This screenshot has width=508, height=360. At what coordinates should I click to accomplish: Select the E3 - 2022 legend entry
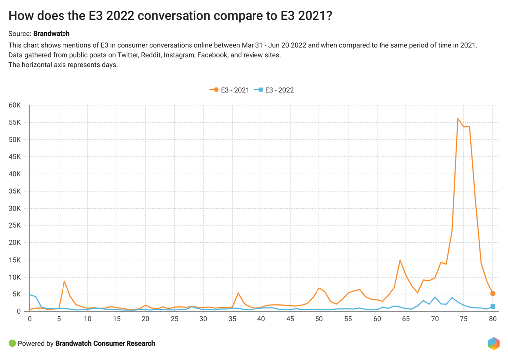[274, 90]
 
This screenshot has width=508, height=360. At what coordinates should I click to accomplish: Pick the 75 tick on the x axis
[464, 319]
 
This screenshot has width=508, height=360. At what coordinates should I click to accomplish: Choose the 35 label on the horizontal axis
[232, 319]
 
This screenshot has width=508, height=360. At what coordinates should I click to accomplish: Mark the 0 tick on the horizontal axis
[30, 319]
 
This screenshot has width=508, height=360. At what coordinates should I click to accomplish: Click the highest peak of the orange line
[458, 118]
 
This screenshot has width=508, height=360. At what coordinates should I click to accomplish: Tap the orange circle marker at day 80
[493, 293]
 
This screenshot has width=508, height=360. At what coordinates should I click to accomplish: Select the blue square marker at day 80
[493, 306]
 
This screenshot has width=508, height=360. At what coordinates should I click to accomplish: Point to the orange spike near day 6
[64, 281]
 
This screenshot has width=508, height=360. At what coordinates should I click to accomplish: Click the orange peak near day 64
[400, 260]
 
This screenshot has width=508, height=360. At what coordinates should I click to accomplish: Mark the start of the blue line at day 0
[30, 295]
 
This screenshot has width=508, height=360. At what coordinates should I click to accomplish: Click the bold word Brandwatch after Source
[51, 34]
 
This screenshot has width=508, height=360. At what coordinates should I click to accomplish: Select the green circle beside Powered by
[12, 343]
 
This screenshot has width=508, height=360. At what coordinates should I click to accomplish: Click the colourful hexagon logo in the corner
[494, 343]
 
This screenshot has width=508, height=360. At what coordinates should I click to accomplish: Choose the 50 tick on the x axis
[319, 319]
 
